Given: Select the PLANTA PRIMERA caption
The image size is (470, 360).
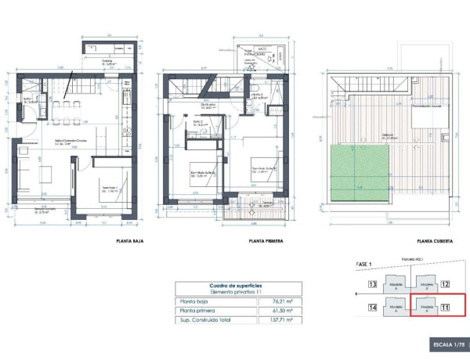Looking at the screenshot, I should pyautogui.click(x=266, y=242).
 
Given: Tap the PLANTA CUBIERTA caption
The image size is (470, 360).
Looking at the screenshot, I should pyautogui.click(x=436, y=242).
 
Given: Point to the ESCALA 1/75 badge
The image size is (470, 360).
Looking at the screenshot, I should pyautogui.click(x=449, y=344).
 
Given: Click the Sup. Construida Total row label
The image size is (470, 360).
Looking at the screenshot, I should pyautogui.click(x=206, y=319).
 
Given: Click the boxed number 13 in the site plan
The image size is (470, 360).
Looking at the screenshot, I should pyautogui.click(x=373, y=285).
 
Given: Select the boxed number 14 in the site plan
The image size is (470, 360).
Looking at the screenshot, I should pyautogui.click(x=373, y=308).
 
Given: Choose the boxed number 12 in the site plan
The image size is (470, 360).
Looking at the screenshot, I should pyautogui.click(x=445, y=285).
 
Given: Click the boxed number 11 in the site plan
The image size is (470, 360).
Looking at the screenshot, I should pyautogui.click(x=445, y=308).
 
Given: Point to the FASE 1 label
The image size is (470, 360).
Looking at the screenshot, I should pyautogui.click(x=367, y=265).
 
